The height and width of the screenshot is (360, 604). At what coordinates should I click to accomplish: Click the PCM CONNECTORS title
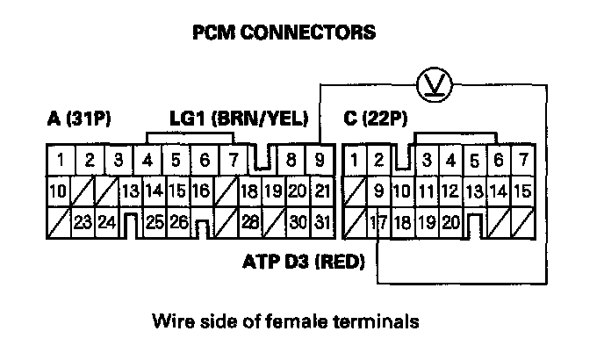tap(284, 34)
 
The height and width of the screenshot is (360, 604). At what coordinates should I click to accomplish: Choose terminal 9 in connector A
tap(320, 160)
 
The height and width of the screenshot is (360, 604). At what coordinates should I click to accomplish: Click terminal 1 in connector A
tap(60, 160)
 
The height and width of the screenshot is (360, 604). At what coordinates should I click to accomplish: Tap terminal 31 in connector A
tap(321, 221)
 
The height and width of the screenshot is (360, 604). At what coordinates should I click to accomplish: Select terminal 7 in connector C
tap(522, 160)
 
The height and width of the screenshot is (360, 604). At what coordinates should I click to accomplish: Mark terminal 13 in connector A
tap(131, 191)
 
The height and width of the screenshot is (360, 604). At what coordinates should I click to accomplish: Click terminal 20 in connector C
tap(451, 221)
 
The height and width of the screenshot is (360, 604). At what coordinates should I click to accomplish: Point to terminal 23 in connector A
tap(83, 221)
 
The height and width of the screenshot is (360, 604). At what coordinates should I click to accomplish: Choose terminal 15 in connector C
tap(521, 191)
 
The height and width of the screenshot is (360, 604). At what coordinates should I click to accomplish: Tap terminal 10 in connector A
tap(59, 191)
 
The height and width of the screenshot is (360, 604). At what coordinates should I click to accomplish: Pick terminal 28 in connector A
tap(249, 221)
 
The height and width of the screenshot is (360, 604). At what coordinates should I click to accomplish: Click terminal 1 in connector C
tap(353, 160)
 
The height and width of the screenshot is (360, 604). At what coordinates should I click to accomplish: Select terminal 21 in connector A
tap(321, 191)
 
